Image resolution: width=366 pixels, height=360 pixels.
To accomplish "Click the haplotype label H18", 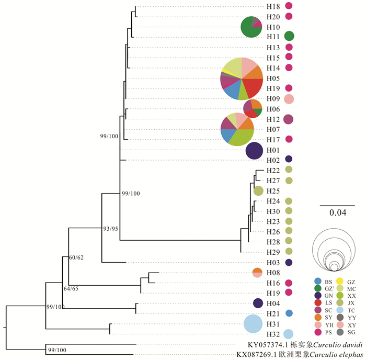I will [x=273, y=7].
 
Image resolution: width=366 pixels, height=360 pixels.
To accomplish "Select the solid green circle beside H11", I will [x=289, y=36].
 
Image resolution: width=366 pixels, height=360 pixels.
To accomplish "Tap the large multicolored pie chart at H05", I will [x=241, y=79].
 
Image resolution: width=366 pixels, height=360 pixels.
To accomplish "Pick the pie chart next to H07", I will [x=237, y=129].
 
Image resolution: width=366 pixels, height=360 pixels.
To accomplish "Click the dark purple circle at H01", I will [x=254, y=151].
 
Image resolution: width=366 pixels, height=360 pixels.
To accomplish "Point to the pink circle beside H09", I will [x=289, y=99].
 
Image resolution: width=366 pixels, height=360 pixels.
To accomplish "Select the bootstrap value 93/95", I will [x=111, y=229].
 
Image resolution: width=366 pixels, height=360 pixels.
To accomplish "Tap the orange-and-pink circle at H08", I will [x=257, y=273].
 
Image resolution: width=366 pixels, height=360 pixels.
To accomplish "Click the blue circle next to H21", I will [x=289, y=313].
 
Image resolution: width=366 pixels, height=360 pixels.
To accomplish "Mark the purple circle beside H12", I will [x=289, y=119].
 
